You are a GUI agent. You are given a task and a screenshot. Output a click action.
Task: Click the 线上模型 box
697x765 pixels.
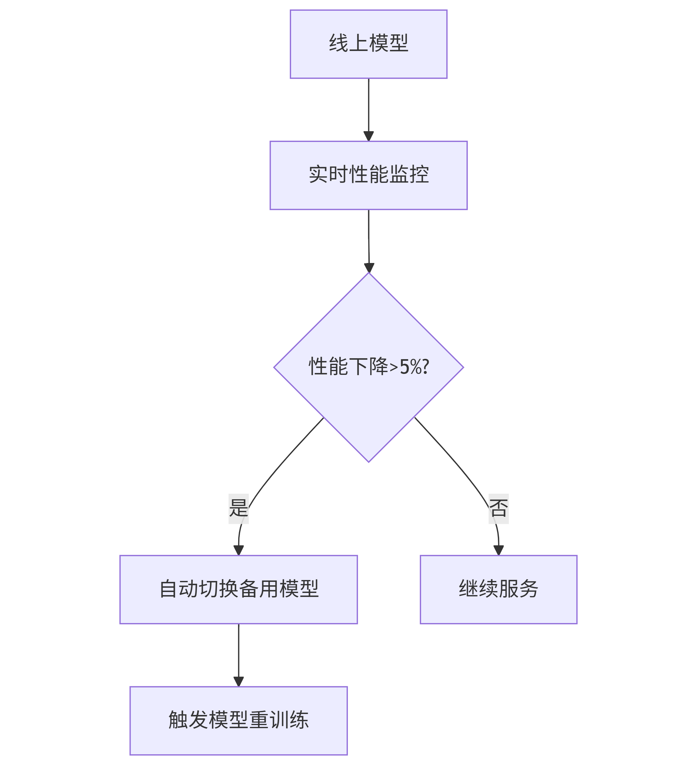(x=368, y=44)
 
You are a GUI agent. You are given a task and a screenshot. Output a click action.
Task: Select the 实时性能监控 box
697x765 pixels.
(x=368, y=175)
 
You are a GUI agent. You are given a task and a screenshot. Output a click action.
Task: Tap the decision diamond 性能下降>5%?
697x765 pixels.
(x=368, y=367)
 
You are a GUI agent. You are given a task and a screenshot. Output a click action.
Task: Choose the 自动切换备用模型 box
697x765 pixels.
(x=238, y=589)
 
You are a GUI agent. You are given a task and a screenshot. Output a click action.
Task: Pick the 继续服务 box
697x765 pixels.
(x=498, y=589)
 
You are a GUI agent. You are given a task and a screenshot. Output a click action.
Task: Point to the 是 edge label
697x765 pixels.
(x=238, y=508)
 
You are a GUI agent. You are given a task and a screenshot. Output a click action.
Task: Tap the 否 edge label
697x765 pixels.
(x=498, y=508)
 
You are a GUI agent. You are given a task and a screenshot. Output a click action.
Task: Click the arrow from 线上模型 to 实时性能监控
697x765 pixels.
(x=368, y=110)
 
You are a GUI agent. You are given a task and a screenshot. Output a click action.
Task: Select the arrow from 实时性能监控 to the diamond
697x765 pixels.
(x=368, y=241)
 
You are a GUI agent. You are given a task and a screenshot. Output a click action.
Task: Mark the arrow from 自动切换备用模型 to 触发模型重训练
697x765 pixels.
(x=238, y=655)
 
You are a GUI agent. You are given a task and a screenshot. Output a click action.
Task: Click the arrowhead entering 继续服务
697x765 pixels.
(x=498, y=551)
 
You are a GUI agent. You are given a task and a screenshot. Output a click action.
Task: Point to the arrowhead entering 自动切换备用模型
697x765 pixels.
(x=238, y=551)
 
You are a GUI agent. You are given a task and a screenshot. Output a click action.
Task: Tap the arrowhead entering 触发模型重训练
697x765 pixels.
(x=238, y=682)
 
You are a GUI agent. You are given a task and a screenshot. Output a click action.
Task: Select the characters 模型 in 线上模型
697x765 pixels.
(x=388, y=43)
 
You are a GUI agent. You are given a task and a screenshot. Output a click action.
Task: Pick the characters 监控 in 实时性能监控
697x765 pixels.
(x=409, y=175)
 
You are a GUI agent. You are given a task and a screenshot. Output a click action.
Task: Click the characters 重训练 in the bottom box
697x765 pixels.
(x=279, y=720)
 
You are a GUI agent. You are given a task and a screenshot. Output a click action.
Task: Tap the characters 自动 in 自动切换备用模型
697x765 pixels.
(x=179, y=589)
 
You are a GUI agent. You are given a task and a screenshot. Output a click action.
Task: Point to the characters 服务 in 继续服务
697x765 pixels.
(x=518, y=589)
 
